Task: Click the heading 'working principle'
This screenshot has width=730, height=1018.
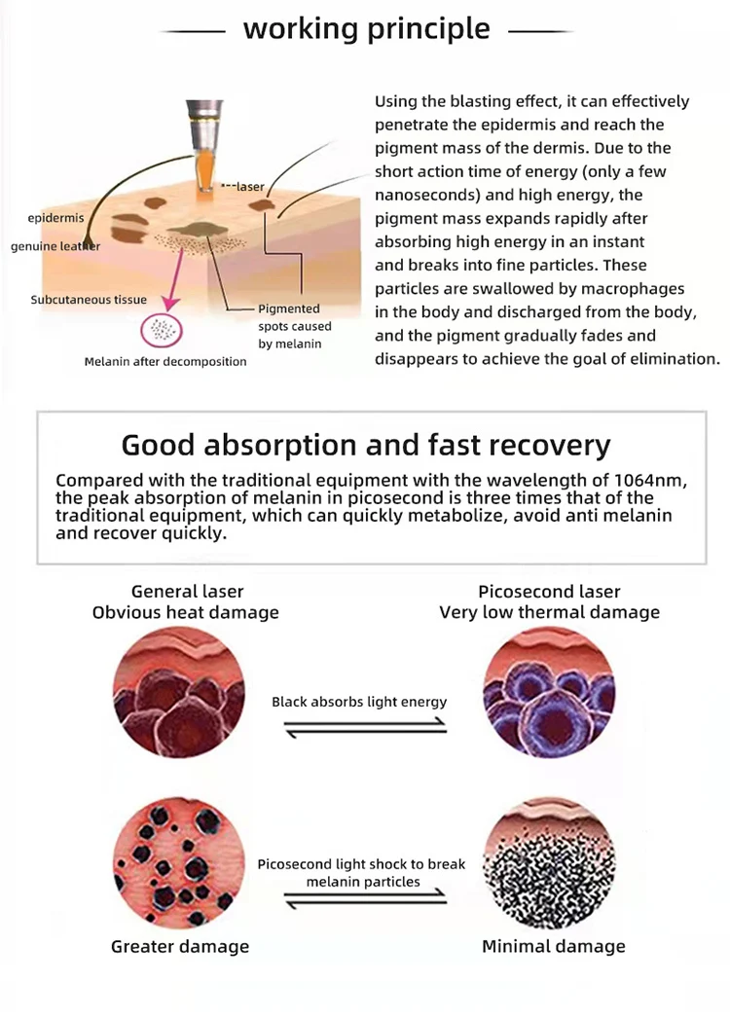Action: [366, 28]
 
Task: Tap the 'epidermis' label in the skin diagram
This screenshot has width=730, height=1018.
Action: [55, 217]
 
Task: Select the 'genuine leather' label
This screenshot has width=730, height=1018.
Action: [55, 246]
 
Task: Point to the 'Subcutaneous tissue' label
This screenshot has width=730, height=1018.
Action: [89, 300]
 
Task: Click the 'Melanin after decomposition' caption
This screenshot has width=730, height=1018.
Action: [164, 361]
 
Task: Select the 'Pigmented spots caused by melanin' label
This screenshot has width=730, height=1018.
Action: [294, 326]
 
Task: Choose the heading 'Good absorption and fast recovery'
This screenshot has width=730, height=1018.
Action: [365, 445]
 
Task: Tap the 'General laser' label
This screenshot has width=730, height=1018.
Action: [187, 591]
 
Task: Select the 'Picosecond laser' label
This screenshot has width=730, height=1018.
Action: [549, 591]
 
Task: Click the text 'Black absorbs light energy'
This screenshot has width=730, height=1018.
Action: [359, 702]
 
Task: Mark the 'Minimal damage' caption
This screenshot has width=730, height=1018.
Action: [553, 946]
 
